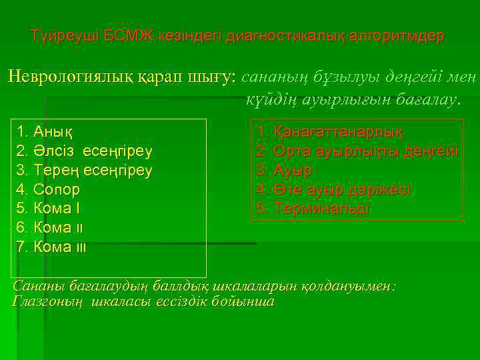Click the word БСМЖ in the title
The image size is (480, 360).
pos(123,35)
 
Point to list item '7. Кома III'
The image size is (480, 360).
pos(52,247)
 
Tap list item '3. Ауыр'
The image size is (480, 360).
pos(285,170)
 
